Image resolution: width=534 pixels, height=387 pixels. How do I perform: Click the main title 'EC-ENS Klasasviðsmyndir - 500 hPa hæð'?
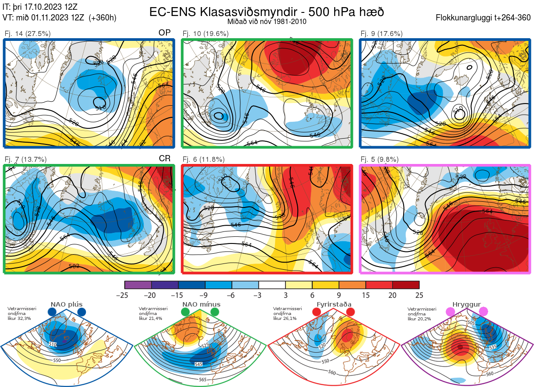[267, 12]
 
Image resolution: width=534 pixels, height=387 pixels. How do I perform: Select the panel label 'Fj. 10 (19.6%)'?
[206, 33]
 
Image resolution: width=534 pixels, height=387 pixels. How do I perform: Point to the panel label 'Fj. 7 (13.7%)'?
[25, 160]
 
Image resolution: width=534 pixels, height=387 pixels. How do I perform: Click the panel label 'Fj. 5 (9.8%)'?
[379, 160]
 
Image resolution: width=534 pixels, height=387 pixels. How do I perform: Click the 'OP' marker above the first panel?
[165, 33]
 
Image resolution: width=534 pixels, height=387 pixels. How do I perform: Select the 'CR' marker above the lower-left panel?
[165, 159]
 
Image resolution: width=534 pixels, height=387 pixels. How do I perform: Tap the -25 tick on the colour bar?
[125, 295]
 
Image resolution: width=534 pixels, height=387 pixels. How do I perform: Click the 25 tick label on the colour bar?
[419, 295]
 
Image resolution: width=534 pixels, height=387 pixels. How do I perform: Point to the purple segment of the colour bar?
[138, 285]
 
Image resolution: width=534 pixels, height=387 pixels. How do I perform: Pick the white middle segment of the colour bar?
[272, 285]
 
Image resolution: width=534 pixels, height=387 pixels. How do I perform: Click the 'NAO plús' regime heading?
[66, 304]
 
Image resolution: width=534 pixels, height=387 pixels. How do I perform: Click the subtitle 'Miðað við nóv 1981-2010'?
[267, 21]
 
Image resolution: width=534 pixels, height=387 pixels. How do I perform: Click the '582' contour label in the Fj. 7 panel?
[74, 266]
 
